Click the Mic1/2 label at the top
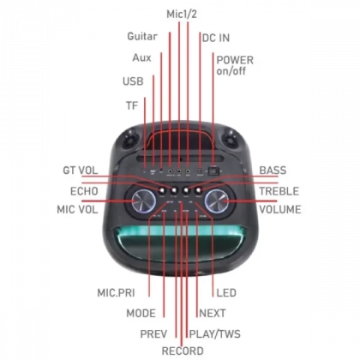pyautogui.click(x=182, y=14)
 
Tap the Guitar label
pyautogui.click(x=142, y=36)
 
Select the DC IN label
pyautogui.click(x=216, y=38)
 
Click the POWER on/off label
pyautogui.click(x=235, y=65)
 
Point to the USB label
pyautogui.click(x=133, y=81)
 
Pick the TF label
pyautogui.click(x=132, y=105)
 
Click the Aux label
pyautogui.click(x=141, y=57)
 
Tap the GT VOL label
pyautogui.click(x=81, y=171)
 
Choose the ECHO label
pyautogui.click(x=84, y=191)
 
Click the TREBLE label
pyautogui.click(x=279, y=191)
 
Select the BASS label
pyautogui.click(x=273, y=171)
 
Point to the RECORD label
pyautogui.click(x=183, y=351)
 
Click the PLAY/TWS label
pyautogui.click(x=215, y=333)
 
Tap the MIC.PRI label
pyautogui.click(x=116, y=293)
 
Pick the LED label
pyautogui.click(x=226, y=293)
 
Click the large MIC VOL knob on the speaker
pyautogui.click(x=143, y=201)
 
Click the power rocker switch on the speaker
pyautogui.click(x=213, y=171)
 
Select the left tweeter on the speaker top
pyautogui.click(x=130, y=140)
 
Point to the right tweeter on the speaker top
pyautogui.click(x=230, y=140)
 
